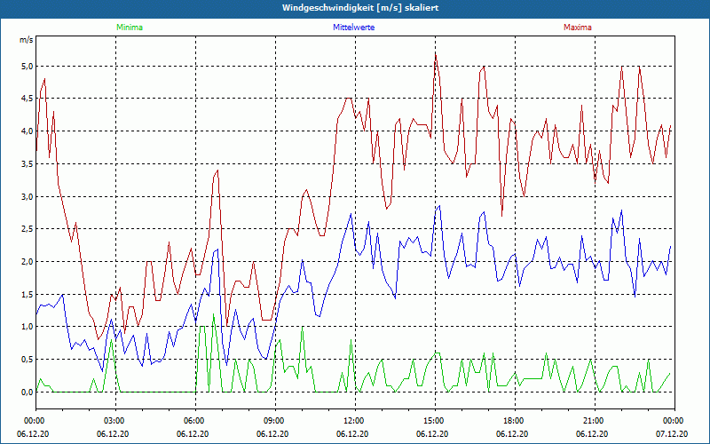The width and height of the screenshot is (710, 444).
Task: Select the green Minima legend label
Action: (129, 28)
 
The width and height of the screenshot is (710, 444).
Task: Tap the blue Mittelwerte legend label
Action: (354, 28)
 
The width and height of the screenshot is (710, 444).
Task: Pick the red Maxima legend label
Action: (577, 28)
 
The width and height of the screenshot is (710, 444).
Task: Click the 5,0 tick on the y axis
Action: (27, 67)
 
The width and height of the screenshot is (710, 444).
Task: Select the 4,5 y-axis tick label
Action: (27, 99)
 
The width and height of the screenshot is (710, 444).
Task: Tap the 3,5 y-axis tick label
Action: (27, 164)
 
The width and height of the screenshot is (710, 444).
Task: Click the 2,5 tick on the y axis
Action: (27, 229)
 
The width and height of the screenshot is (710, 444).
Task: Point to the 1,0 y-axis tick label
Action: (27, 327)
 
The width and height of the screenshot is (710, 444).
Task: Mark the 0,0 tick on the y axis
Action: (27, 392)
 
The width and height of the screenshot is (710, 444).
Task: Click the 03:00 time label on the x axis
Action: (114, 420)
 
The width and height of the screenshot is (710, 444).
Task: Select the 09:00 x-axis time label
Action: (274, 420)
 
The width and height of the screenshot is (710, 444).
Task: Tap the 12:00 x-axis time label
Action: (354, 420)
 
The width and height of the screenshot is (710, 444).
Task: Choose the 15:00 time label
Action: (434, 420)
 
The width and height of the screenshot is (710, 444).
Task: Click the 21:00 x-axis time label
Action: (594, 420)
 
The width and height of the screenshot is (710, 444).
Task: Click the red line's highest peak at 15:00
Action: (435, 53)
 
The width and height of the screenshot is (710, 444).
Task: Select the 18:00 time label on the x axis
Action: (514, 420)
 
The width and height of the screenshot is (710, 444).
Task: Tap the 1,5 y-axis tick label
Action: (27, 294)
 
